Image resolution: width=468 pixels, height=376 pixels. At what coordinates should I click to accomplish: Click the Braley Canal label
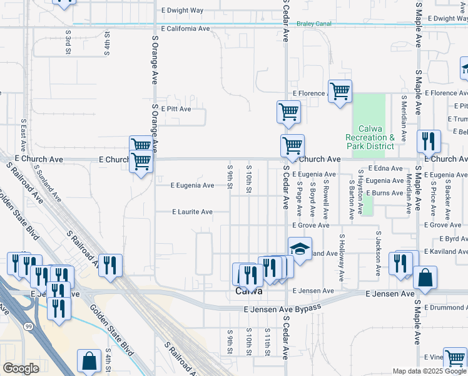[314, 24]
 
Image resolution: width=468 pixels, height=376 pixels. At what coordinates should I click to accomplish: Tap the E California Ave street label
[185, 29]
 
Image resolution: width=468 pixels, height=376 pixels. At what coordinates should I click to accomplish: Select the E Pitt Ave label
[176, 108]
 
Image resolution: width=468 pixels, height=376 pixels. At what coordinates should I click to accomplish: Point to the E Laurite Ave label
[193, 212]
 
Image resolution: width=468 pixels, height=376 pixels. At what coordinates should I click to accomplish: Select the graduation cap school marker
[300, 249]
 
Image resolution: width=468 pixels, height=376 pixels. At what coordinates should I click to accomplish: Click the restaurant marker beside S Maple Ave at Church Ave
[429, 142]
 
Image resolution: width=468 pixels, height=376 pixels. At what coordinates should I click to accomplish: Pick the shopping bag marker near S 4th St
[89, 362]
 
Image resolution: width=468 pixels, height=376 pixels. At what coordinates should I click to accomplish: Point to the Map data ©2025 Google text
[429, 371]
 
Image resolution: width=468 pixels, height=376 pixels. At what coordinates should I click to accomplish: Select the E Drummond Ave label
[445, 308]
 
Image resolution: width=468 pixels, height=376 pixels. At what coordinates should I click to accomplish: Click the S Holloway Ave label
[342, 257]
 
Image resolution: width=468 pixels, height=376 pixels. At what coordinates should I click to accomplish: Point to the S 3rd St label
[68, 41]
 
